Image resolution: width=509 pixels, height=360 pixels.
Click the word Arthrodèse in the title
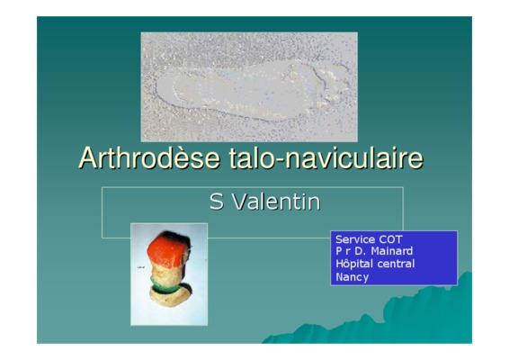click(x=149, y=157)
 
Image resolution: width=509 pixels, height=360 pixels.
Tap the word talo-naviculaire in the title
click(x=326, y=157)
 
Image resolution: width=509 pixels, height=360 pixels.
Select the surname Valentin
click(x=277, y=202)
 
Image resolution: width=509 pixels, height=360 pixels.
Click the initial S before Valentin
click(x=217, y=202)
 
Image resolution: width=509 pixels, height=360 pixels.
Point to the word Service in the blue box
click(x=355, y=239)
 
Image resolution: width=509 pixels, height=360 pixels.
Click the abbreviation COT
click(x=391, y=239)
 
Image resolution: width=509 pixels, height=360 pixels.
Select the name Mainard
click(x=392, y=251)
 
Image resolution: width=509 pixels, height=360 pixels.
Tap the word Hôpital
click(x=354, y=264)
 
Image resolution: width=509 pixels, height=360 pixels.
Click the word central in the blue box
click(x=396, y=264)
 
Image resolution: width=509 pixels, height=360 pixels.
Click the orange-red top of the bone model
click(x=168, y=249)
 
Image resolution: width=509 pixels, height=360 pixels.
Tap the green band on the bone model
click(x=165, y=286)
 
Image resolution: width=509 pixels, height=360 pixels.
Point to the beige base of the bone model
click(x=170, y=296)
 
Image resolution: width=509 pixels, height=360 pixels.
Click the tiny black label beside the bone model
click(x=140, y=267)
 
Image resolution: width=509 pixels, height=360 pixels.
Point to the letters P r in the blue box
click(x=344, y=251)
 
